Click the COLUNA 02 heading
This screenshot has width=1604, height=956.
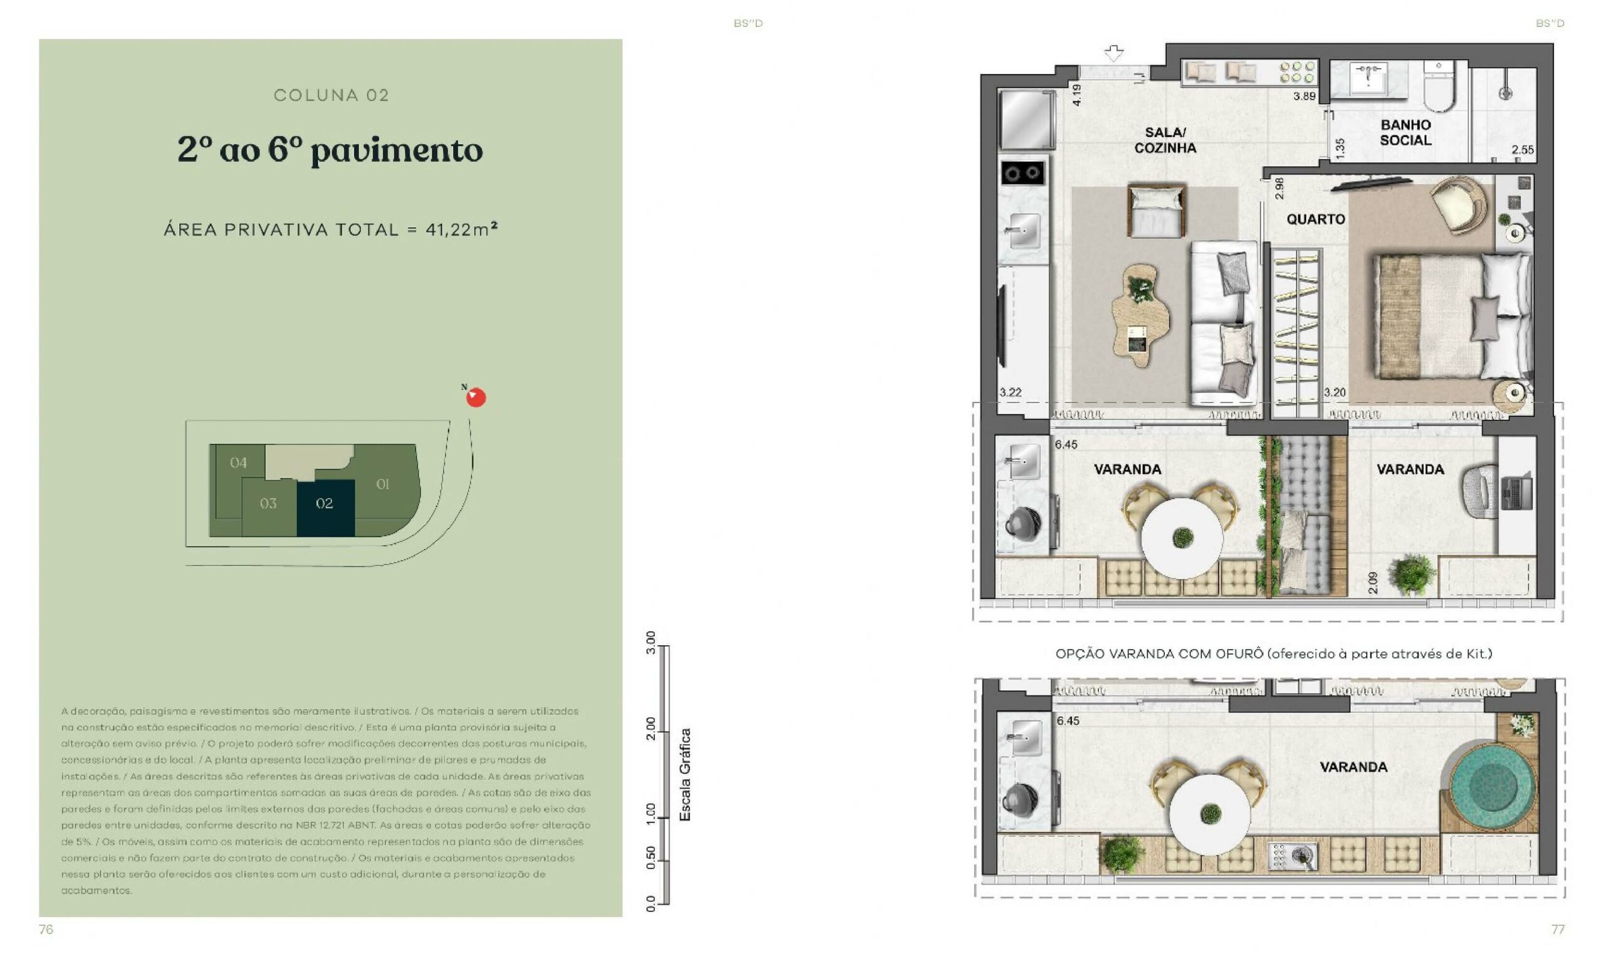[x=331, y=95]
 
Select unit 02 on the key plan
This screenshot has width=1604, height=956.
[x=325, y=507]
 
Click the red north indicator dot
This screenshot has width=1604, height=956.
[x=476, y=397]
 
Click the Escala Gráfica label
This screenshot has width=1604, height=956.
[x=685, y=774]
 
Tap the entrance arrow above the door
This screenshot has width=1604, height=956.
[x=1114, y=53]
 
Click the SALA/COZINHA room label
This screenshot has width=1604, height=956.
[x=1165, y=140]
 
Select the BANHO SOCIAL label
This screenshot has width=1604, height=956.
[x=1405, y=133]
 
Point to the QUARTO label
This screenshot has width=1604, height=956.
[x=1315, y=219]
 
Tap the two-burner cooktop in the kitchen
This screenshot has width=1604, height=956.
[x=1023, y=173]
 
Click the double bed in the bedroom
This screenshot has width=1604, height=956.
[x=1453, y=316]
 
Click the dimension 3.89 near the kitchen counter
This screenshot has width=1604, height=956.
[x=1304, y=96]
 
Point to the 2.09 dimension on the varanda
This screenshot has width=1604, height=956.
[x=1372, y=583]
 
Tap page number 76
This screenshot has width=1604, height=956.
[x=46, y=929]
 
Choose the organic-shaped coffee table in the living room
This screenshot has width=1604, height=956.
[x=1141, y=315]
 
